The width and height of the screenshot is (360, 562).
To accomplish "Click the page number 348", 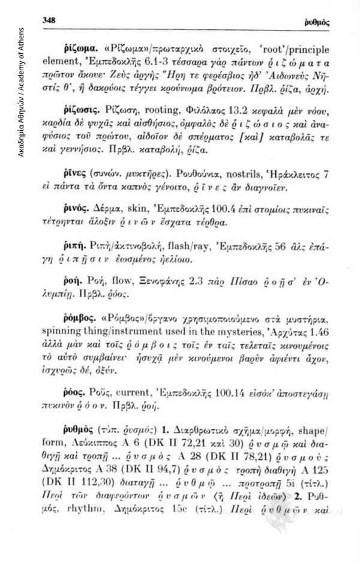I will click(49, 20).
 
